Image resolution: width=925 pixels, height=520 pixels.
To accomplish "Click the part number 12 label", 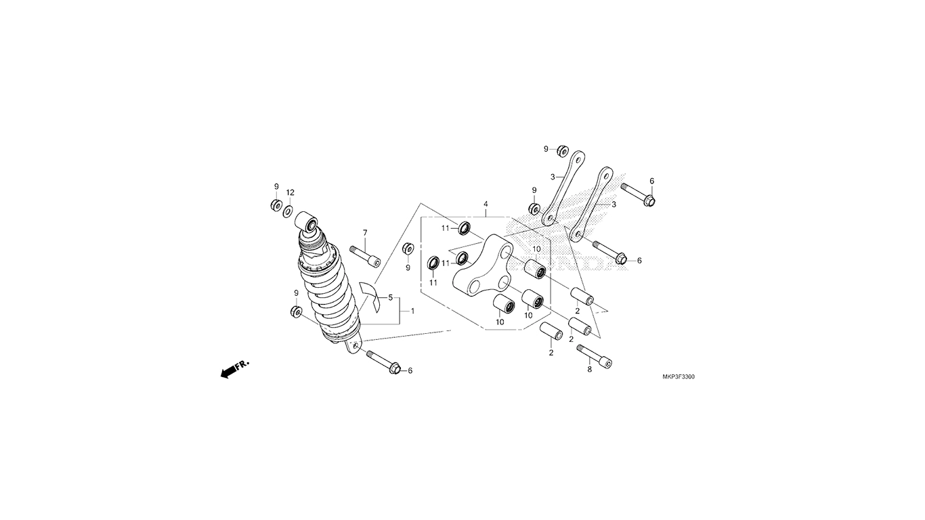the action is tap(291, 192).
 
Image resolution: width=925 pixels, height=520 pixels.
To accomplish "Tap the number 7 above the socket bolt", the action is tap(365, 233).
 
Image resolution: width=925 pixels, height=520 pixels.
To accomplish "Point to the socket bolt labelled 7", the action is tap(365, 257).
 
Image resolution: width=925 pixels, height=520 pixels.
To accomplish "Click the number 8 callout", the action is tap(590, 369).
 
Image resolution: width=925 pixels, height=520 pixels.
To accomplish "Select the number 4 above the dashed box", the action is tap(486, 204).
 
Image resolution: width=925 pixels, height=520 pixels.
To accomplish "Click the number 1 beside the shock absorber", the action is tap(412, 311).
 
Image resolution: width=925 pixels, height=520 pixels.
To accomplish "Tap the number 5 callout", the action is tap(390, 297).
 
